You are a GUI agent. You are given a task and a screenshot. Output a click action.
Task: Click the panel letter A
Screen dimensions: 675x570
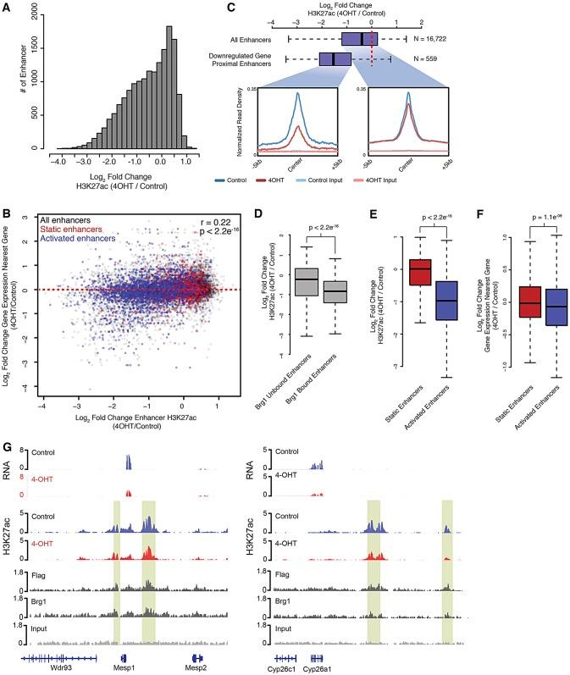pos(8,8)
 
